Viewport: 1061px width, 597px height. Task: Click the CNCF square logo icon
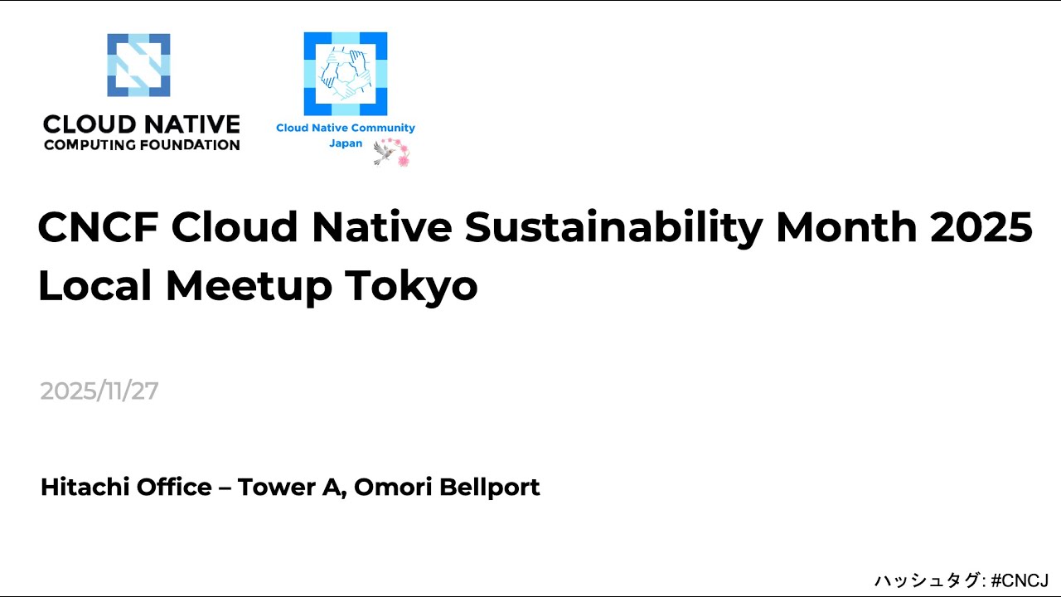tap(138, 66)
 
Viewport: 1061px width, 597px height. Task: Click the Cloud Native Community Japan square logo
tap(345, 73)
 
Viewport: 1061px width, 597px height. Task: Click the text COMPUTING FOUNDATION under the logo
tap(142, 145)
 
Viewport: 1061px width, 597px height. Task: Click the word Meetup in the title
tap(249, 286)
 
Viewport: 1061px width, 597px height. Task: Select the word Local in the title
tap(94, 286)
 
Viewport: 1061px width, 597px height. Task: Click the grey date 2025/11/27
tap(99, 391)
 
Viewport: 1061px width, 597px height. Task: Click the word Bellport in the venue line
tap(489, 488)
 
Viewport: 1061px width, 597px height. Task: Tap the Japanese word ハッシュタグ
tap(927, 580)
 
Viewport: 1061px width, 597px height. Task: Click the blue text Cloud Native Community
tap(345, 128)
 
